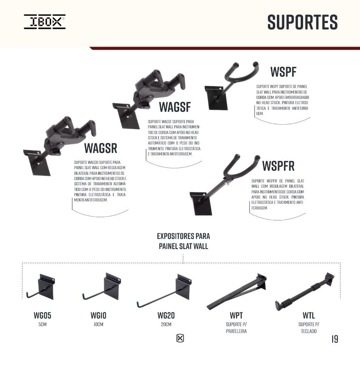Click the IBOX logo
point(45,22)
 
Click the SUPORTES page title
point(303,22)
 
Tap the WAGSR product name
point(101,148)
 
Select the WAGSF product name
point(175,107)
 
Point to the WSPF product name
point(283,72)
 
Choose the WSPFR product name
point(278,166)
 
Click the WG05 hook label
point(42,315)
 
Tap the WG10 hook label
point(98,315)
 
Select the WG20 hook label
point(166,315)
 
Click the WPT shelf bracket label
point(236,315)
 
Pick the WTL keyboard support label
point(309,315)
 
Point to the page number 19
point(335,339)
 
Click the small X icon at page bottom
point(180,338)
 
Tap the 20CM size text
point(166,324)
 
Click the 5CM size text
point(42,324)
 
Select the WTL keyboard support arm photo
point(305,292)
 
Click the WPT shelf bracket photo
point(237,292)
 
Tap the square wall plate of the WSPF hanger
point(216,98)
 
